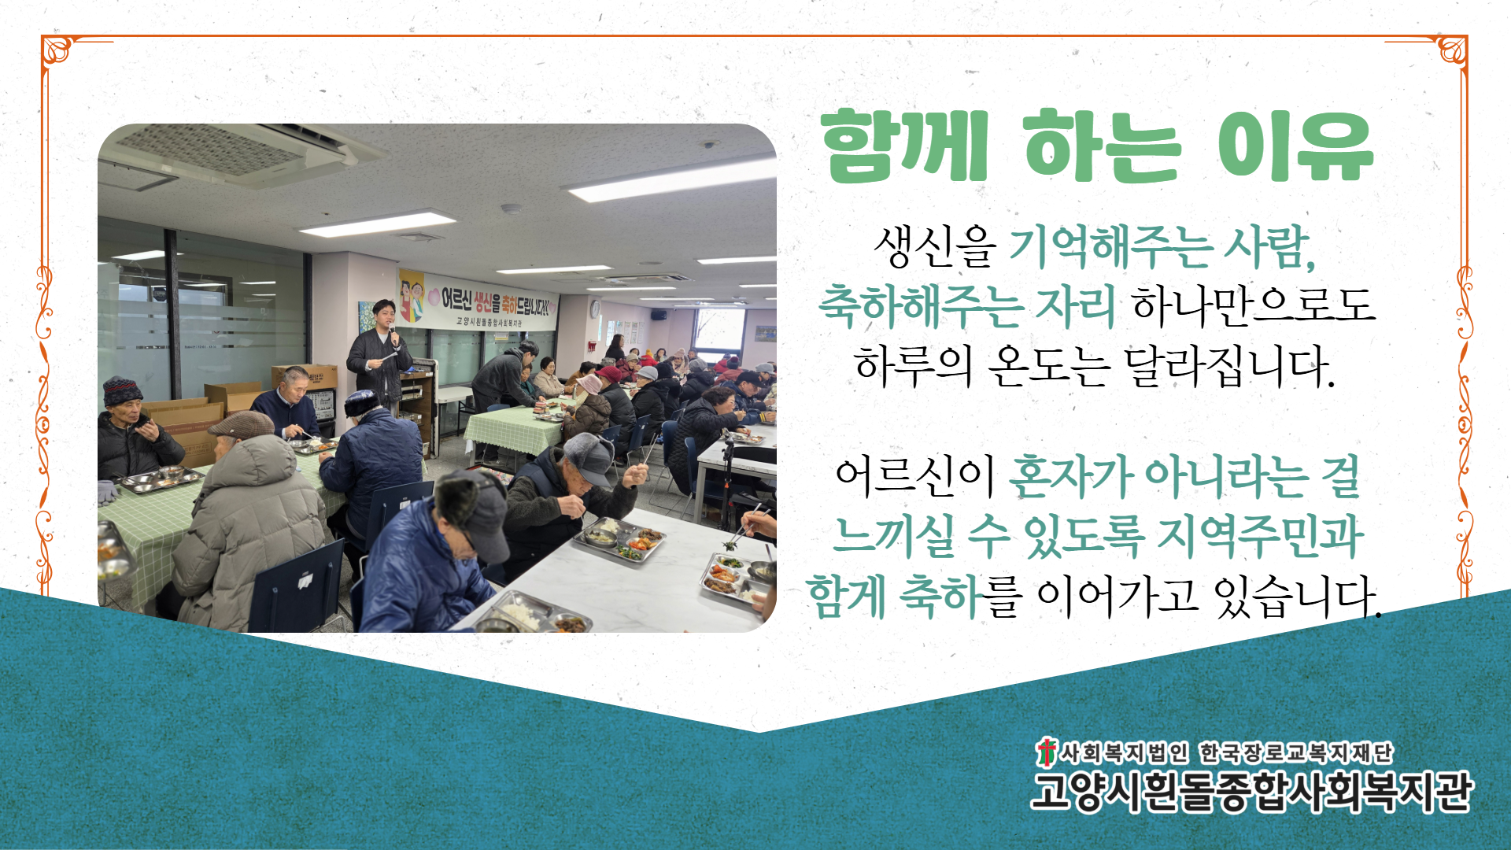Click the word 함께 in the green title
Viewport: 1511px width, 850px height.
point(904,146)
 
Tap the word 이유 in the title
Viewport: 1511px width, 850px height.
point(1295,146)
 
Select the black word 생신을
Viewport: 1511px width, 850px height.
point(935,246)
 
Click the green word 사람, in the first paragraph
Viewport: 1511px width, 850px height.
point(1269,246)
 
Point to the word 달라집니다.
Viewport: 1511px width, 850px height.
point(1229,366)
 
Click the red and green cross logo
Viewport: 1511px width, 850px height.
point(1046,752)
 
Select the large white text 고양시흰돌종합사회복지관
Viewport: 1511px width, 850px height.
point(1251,791)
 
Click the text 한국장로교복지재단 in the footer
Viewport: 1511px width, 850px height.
point(1295,753)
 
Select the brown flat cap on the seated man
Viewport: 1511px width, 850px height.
point(241,425)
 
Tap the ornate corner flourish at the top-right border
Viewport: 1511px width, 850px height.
point(1450,52)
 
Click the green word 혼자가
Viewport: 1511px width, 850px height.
point(1070,476)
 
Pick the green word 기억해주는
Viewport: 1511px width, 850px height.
point(1110,246)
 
